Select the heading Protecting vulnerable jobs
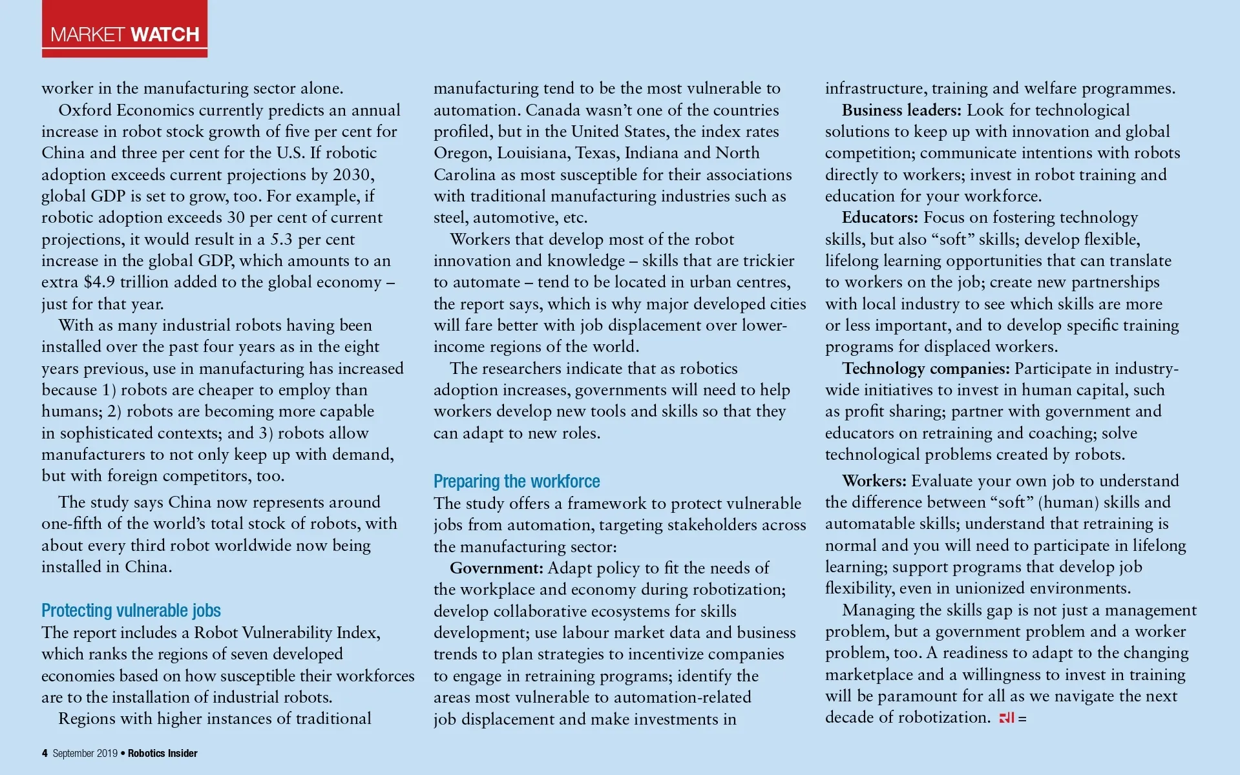coord(131,610)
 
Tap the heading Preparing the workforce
coord(516,481)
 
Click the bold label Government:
coord(496,568)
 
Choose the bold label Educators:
coord(879,218)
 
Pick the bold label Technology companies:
coord(925,368)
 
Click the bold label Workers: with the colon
coord(874,480)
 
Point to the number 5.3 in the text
coord(281,239)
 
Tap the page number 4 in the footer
coord(45,753)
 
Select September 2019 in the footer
coord(85,753)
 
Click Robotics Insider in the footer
coord(163,753)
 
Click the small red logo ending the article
coord(1007,718)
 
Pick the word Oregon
coord(461,153)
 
